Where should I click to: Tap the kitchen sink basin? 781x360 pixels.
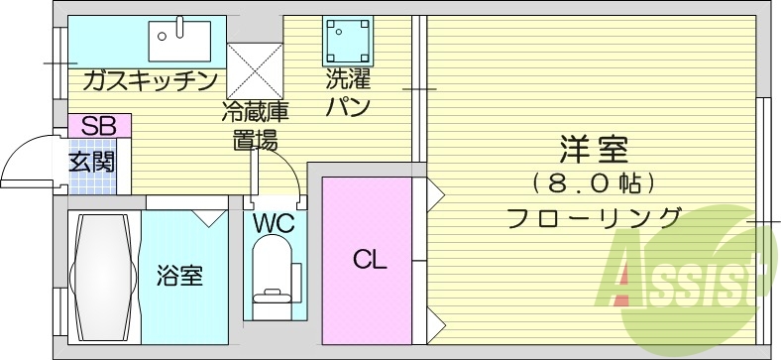pyautogui.click(x=175, y=42)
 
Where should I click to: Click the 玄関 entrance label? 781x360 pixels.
pyautogui.click(x=90, y=162)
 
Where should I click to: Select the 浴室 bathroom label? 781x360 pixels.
pyautogui.click(x=180, y=275)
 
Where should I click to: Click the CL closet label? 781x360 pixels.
pyautogui.click(x=370, y=260)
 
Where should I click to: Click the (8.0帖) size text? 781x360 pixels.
pyautogui.click(x=594, y=184)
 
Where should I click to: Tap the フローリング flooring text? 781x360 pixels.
pyautogui.click(x=594, y=217)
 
